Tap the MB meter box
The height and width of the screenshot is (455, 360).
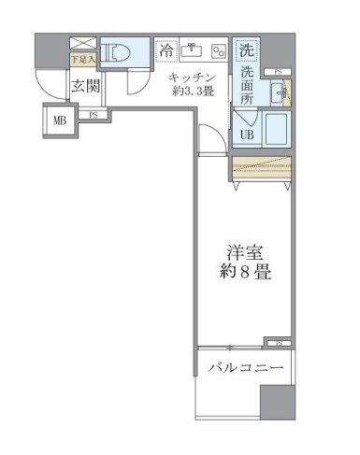59,120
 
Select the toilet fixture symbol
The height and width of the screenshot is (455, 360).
122,55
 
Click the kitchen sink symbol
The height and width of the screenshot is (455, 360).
194,49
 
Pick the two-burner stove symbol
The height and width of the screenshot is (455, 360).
219,50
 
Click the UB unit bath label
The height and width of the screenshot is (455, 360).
247,135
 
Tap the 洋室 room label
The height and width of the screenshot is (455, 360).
244,252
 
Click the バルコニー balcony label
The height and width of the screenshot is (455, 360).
244,367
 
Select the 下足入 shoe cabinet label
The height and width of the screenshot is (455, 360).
81,58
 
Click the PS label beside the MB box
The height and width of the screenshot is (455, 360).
94,115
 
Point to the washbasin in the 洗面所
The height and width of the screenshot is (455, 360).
278,92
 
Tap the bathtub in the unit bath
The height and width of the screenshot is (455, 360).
278,130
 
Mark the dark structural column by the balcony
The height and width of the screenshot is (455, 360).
277,402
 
